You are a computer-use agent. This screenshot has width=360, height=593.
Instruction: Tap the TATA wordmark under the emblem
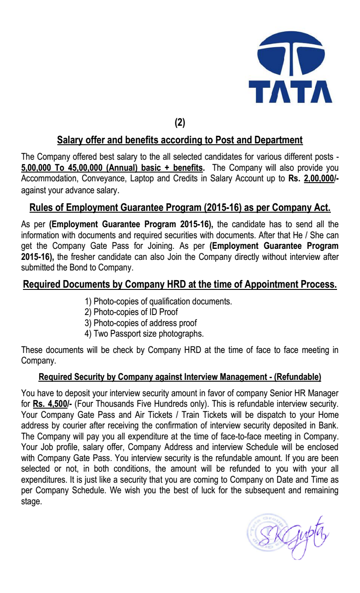click(290, 91)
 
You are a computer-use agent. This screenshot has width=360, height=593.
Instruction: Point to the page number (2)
click(180, 123)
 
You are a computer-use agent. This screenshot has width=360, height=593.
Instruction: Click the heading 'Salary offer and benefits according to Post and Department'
click(180, 140)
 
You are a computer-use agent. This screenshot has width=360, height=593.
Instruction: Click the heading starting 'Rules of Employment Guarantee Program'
click(180, 207)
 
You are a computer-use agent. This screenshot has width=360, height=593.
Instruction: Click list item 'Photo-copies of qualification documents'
click(158, 302)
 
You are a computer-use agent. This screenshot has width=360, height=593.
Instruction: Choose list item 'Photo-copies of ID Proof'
click(131, 312)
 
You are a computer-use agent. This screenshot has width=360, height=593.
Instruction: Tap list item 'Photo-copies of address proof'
click(141, 323)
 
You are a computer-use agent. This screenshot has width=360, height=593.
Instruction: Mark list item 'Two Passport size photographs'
click(144, 334)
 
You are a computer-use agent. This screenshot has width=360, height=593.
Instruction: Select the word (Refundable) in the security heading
click(298, 377)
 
